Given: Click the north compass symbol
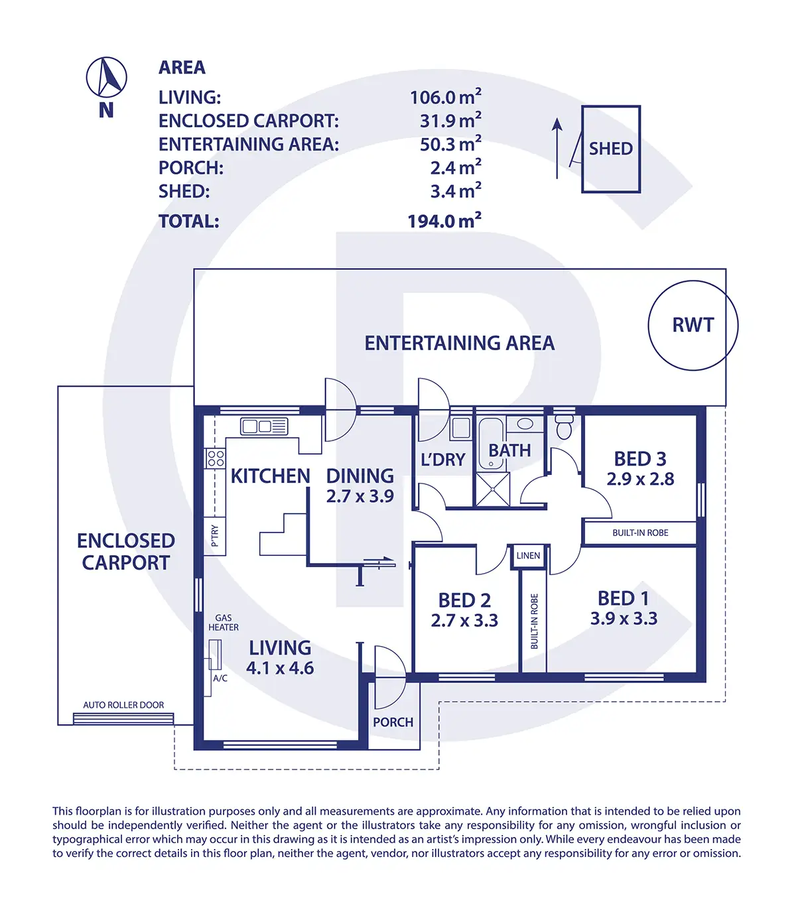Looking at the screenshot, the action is [106, 78].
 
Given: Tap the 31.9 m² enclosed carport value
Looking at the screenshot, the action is [450, 120].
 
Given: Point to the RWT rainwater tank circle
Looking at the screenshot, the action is [649, 326].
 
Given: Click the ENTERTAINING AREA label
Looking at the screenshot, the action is [459, 344].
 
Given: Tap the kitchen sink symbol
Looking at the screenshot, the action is [264, 426].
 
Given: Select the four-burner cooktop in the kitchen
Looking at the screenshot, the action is [215, 458].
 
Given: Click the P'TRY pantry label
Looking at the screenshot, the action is [215, 536].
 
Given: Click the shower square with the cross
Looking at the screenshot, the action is [493, 490].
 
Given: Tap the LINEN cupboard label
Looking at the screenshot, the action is [528, 556].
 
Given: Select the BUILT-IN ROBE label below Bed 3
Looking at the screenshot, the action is [640, 533].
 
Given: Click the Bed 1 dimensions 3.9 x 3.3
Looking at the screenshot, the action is [624, 619].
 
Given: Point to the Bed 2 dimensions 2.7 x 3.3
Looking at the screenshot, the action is [464, 620].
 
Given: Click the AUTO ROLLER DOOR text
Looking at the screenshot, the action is [123, 705].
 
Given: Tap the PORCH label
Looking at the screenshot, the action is [393, 722].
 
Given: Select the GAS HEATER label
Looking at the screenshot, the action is [224, 623].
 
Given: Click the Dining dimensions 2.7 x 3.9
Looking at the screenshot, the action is [360, 496].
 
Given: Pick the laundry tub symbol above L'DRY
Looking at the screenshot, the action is [460, 428].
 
